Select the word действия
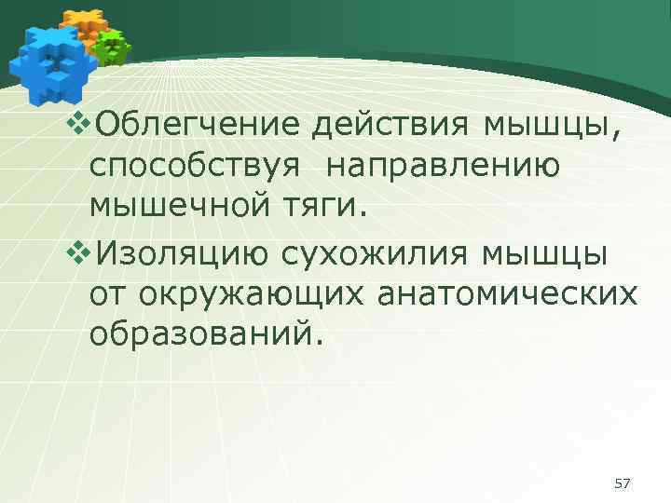[x=393, y=126]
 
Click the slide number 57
[x=623, y=483]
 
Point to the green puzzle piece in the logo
[x=113, y=47]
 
